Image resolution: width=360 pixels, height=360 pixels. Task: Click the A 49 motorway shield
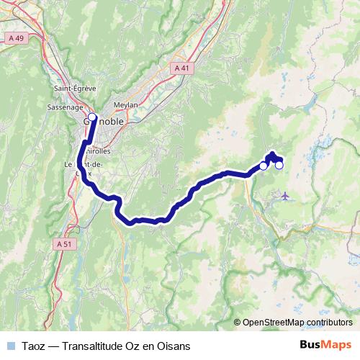(x=17, y=37)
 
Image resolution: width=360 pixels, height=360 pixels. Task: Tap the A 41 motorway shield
(x=183, y=68)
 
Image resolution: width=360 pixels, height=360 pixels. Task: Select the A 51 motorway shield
(x=63, y=244)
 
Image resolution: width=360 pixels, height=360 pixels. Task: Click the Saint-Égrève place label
(x=71, y=89)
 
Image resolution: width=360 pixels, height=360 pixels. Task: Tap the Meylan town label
(x=125, y=104)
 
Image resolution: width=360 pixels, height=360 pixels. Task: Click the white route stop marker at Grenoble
(x=92, y=116)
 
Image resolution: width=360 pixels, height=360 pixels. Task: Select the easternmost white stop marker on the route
(x=279, y=166)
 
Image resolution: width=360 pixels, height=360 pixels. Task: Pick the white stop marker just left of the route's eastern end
(x=263, y=166)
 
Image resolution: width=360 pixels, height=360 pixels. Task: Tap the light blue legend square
(x=10, y=346)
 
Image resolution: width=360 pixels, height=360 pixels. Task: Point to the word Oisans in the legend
(x=174, y=346)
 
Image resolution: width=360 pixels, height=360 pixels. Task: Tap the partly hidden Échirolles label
(x=98, y=152)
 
